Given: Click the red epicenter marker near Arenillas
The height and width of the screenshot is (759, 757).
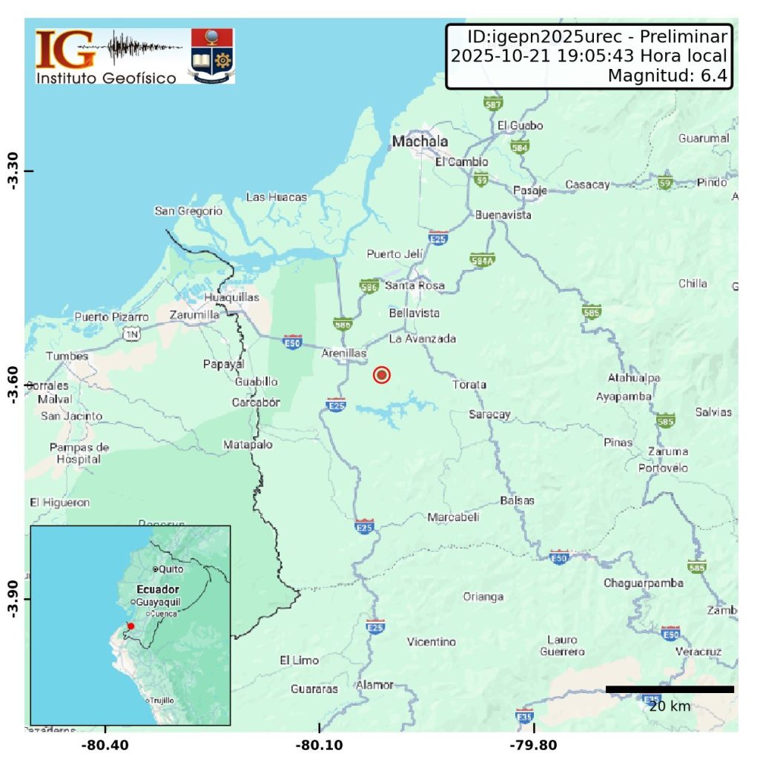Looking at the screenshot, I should point(382,375).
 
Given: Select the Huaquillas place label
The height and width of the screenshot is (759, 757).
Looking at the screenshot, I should point(232,297).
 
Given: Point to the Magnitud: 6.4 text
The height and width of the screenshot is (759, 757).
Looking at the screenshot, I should point(666,75).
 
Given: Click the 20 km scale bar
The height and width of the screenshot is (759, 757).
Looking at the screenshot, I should point(670,689).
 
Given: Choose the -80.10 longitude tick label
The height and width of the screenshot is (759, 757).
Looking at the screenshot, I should point(320,744).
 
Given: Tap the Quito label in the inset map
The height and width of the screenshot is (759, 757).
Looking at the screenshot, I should point(170,569).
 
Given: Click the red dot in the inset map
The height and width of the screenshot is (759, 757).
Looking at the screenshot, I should point(130,626).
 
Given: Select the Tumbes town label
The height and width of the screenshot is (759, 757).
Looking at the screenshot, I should point(67,356).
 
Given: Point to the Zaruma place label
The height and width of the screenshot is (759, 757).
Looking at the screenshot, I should point(667,451).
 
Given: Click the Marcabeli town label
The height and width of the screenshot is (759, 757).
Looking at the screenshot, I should point(453,517).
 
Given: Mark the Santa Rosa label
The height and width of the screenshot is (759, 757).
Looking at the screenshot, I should point(414,285).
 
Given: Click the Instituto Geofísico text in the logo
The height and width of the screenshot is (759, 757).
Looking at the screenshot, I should point(107,77).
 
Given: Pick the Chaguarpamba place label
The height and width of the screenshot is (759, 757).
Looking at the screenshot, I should point(643,583).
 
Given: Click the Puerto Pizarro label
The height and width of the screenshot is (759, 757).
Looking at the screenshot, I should point(111,316).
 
